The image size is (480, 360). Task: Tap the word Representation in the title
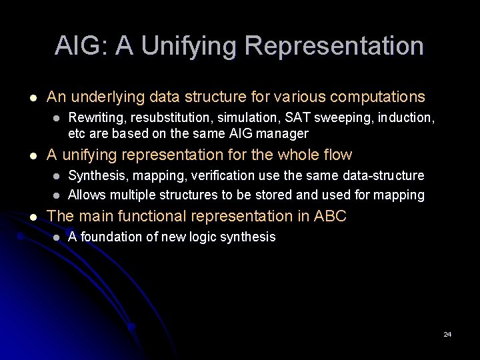(x=334, y=46)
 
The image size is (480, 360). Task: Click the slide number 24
(x=447, y=334)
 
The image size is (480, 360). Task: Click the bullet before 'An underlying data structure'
(x=25, y=97)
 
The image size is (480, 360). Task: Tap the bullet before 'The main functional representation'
(x=25, y=217)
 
